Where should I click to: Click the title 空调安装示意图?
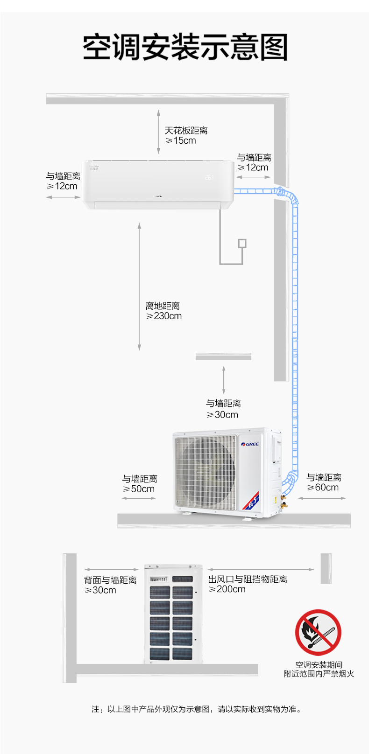[x=185, y=47]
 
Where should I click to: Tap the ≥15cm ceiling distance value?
[x=181, y=141]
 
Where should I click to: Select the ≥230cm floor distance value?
[x=164, y=316]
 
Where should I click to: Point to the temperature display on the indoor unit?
[x=209, y=177]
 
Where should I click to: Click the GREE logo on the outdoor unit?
[x=250, y=444]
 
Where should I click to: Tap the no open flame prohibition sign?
[x=318, y=633]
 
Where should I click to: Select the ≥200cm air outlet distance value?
[x=227, y=589]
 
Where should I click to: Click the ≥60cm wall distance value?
[x=323, y=488]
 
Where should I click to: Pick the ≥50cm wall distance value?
[x=139, y=489]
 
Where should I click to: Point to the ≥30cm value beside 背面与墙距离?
[x=100, y=590]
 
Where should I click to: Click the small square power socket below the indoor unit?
[x=242, y=244]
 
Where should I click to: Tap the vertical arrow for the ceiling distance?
[x=158, y=132]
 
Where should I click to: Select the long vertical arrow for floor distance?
[x=139, y=286]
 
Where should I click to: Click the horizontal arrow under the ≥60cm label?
[x=322, y=498]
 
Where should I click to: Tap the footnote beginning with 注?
[x=196, y=709]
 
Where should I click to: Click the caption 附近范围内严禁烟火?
[x=319, y=674]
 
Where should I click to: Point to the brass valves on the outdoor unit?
[x=284, y=501]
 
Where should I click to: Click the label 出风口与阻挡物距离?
[x=248, y=579]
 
